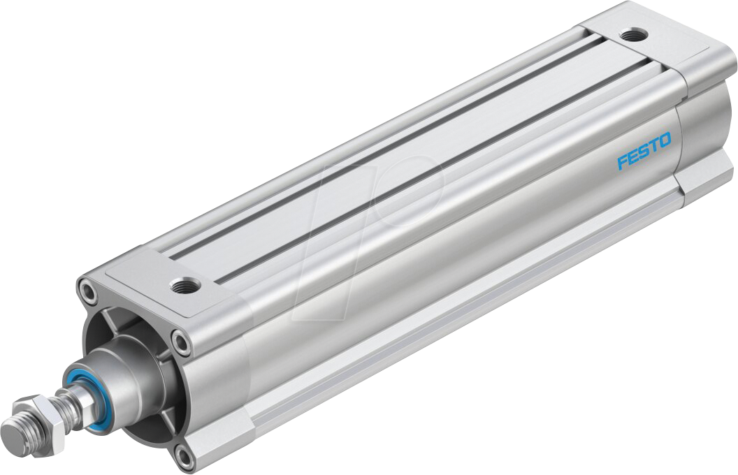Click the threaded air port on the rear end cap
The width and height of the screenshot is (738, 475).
pyautogui.click(x=635, y=33)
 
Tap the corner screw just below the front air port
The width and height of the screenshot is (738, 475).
pyautogui.click(x=182, y=342)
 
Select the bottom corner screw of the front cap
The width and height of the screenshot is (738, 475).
pyautogui.click(x=184, y=456)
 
